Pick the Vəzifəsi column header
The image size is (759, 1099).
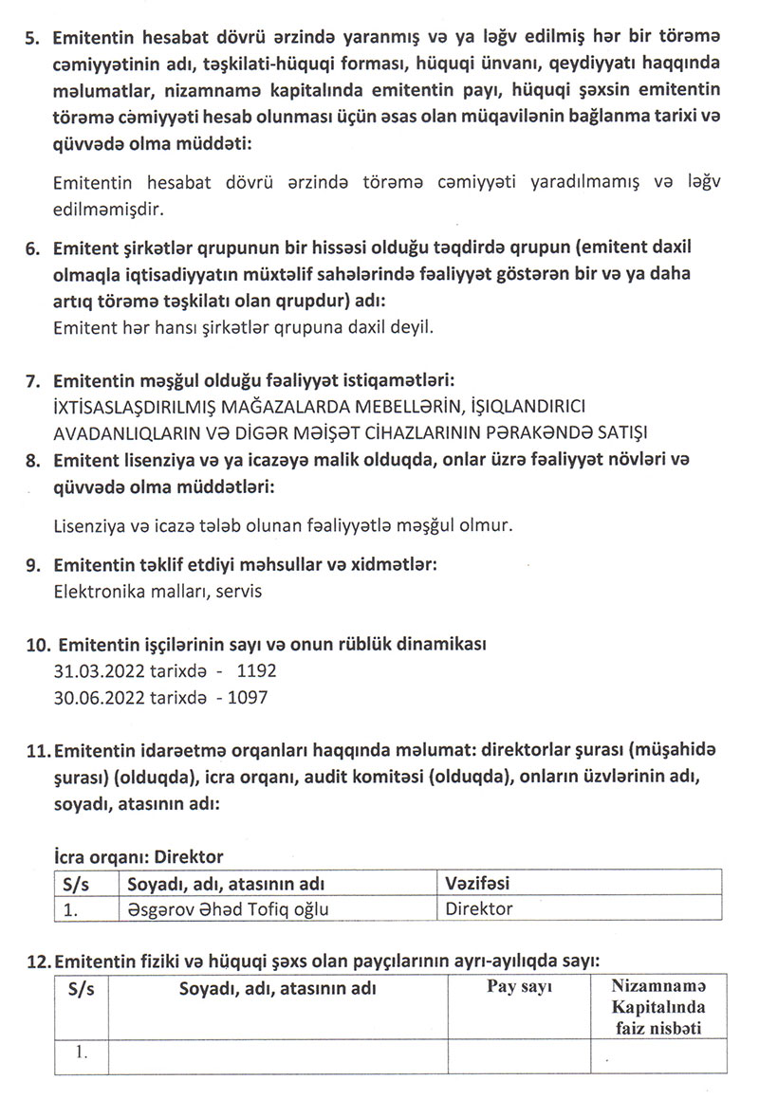point(478,884)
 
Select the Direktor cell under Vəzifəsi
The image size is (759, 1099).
point(479,908)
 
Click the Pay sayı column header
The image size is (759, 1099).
point(520,987)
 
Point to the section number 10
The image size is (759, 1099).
point(38,647)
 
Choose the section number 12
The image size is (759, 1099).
point(38,962)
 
